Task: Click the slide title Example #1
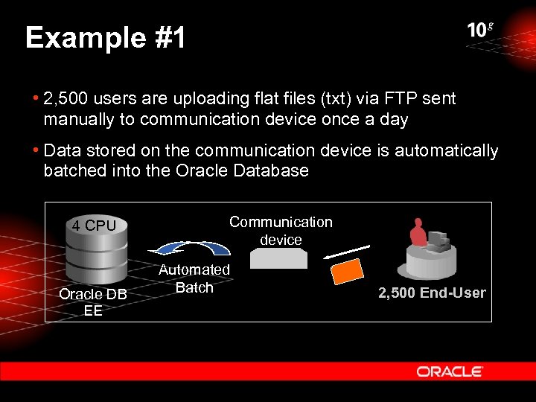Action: coord(105,38)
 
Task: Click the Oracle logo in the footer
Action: coord(450,371)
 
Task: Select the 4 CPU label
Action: coord(94,225)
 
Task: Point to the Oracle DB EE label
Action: coord(93,302)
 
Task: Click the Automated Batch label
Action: coord(194,278)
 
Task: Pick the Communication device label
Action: coord(281,231)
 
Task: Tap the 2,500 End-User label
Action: coord(432,293)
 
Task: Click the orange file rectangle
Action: coord(347,271)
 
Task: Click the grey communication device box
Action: coord(278,258)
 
